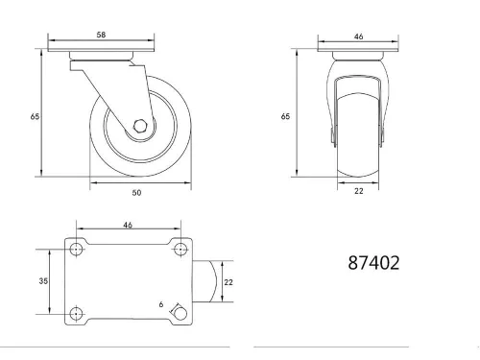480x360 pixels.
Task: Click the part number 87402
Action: click(373, 260)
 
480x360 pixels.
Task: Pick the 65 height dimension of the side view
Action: click(35, 116)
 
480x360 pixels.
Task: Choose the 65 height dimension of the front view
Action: click(285, 116)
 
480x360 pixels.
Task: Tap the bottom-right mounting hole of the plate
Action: click(179, 312)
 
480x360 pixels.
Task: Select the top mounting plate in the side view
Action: click(101, 54)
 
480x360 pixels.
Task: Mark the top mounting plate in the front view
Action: click(359, 54)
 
